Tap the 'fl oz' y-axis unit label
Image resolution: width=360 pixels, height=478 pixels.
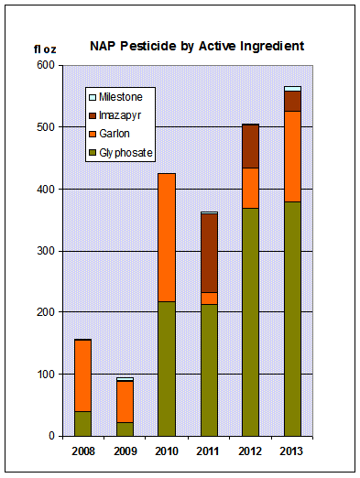(44, 49)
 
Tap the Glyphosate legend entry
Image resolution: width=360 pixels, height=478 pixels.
(125, 152)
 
